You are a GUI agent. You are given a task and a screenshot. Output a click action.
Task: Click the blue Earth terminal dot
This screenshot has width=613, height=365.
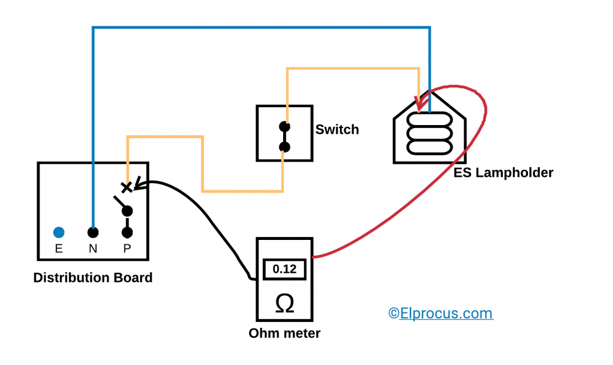tap(59, 232)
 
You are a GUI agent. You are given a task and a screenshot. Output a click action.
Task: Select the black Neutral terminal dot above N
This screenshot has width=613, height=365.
tap(93, 232)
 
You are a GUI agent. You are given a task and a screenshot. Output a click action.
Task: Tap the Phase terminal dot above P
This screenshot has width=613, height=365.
tap(127, 232)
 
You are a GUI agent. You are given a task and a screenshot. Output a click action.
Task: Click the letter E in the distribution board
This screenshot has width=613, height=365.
tap(59, 249)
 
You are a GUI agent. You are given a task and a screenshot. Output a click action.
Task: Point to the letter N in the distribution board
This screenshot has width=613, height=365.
tap(93, 249)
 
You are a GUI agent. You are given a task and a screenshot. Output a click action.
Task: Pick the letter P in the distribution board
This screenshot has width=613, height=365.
tap(127, 249)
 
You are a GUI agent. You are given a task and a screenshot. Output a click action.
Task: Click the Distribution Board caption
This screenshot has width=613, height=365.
tap(93, 278)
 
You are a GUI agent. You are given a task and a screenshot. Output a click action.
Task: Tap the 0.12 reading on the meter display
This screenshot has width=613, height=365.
tap(284, 269)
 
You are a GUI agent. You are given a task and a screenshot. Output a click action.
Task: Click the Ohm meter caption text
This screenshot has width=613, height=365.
tap(284, 333)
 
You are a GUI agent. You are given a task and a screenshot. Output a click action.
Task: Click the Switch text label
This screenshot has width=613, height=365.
tap(337, 129)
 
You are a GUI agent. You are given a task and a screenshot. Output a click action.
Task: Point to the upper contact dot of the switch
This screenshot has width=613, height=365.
tap(285, 127)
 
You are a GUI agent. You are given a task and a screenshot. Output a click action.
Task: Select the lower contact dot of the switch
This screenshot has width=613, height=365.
tap(285, 147)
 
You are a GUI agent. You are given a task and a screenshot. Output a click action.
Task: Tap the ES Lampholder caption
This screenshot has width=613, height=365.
tap(502, 173)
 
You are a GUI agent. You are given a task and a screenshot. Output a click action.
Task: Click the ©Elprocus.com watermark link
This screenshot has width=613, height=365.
tap(441, 313)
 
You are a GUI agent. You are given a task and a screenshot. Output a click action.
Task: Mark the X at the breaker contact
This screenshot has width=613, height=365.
tap(126, 187)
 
